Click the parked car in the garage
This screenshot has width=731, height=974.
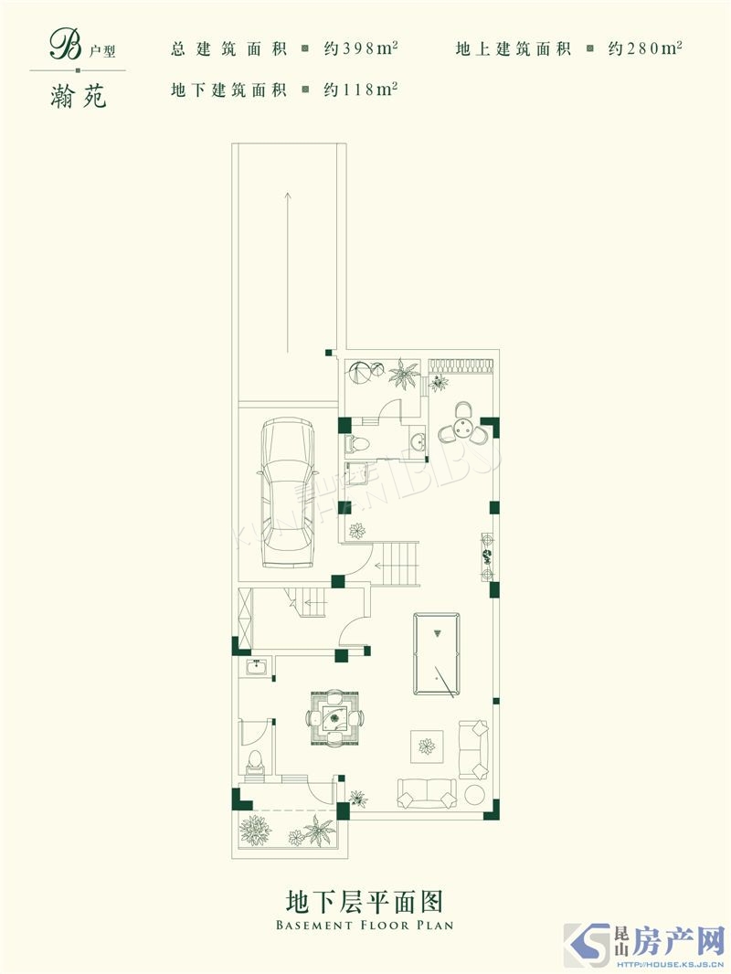click(287, 492)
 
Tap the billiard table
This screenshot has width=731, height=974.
click(437, 655)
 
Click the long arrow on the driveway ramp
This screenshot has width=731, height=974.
click(288, 272)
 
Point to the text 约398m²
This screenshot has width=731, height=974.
click(360, 48)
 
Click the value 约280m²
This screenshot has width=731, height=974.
click(645, 48)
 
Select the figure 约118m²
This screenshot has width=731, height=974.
click(360, 90)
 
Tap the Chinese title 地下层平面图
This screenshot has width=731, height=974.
click(365, 901)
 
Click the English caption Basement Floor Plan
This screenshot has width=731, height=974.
click(365, 925)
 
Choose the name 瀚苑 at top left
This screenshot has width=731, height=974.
click(79, 96)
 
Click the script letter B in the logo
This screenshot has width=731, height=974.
click(65, 46)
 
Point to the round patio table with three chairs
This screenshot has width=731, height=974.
click(462, 424)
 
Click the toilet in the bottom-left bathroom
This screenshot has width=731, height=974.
click(255, 762)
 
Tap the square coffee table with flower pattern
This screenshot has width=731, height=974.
click(427, 746)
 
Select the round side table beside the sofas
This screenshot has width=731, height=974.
click(476, 795)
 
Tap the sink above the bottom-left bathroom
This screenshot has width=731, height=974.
click(256, 667)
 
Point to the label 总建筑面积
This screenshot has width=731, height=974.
click(228, 49)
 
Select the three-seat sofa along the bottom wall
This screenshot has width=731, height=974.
click(428, 792)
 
